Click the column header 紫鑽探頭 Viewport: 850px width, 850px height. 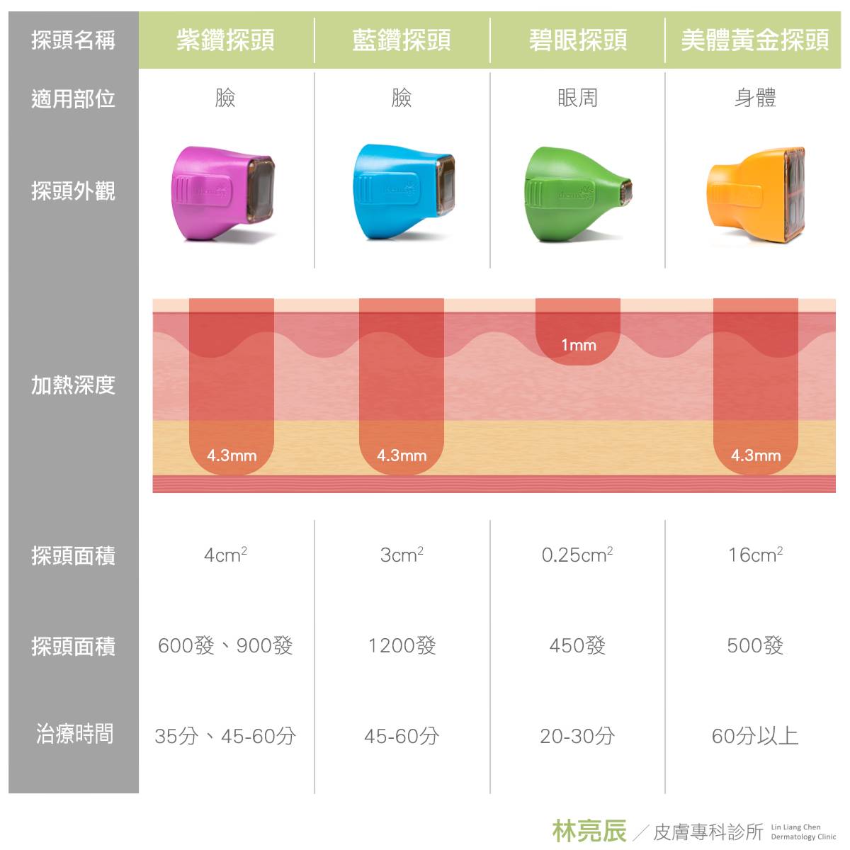coord(225,40)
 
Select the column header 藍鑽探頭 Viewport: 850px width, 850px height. coord(401,40)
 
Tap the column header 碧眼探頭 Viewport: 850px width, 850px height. coord(577,40)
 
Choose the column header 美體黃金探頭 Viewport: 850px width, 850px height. coord(754,40)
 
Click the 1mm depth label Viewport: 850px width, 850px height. coord(578,346)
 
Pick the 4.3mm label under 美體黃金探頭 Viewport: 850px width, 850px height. coord(755,455)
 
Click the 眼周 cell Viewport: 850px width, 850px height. coord(577,98)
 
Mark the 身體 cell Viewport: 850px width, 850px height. coord(755,98)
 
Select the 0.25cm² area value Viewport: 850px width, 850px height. coord(577,555)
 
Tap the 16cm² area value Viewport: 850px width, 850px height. coord(755,555)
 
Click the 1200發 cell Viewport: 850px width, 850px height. coord(402,645)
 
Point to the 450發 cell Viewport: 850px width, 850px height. coord(577,645)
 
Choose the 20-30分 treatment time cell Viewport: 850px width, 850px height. coord(577,736)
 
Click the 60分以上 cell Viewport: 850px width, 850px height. coord(755,736)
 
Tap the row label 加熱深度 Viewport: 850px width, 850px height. coord(73,385)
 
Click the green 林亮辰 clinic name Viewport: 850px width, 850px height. coord(589,831)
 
